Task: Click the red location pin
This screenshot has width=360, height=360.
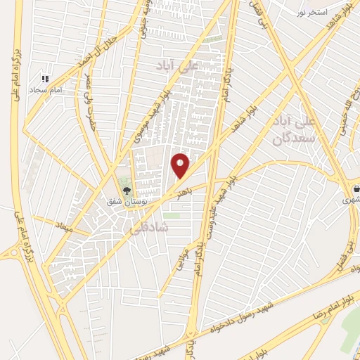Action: click(x=181, y=166)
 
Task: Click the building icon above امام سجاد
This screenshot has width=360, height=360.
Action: click(x=46, y=79)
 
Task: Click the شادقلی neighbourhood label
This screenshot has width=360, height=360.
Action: click(x=145, y=229)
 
